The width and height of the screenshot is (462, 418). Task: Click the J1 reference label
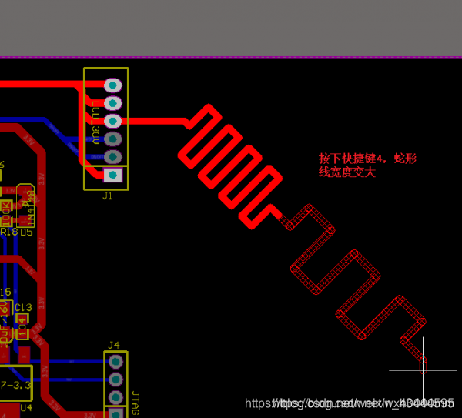[107, 196]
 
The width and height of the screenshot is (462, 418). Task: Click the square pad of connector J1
[112, 175]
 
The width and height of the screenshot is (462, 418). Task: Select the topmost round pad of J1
[112, 85]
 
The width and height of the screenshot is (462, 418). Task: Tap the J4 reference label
[114, 344]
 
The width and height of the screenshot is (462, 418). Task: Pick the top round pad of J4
[115, 361]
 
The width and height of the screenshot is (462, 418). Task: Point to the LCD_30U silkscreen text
[95, 122]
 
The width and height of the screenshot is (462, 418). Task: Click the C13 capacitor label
[23, 308]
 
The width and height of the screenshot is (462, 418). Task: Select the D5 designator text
[27, 232]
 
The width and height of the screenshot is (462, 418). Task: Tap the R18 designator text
[8, 232]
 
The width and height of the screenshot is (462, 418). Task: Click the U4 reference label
[26, 407]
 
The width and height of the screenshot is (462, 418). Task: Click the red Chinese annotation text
[367, 165]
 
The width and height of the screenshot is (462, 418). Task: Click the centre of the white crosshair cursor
[423, 370]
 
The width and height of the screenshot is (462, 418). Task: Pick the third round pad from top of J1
[112, 121]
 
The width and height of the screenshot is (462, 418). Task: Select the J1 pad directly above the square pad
[112, 157]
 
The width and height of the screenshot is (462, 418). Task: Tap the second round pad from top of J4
[115, 380]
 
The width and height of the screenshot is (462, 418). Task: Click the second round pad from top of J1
[112, 103]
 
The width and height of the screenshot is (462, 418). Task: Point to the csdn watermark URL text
[349, 403]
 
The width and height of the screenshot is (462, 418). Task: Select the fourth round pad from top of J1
[112, 139]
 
